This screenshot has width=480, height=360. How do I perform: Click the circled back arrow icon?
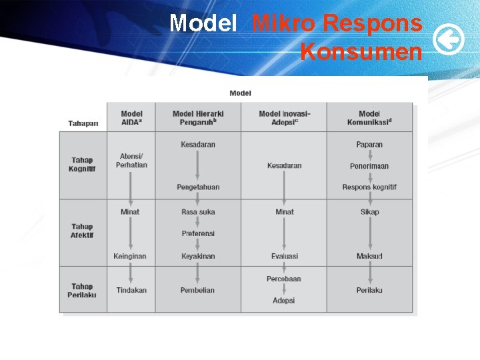click(449, 41)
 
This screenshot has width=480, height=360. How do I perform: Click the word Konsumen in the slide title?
click(361, 51)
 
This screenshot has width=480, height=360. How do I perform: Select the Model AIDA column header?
click(131, 118)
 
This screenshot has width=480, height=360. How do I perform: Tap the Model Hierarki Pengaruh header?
click(198, 118)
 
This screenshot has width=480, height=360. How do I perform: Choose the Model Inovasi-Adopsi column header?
click(284, 118)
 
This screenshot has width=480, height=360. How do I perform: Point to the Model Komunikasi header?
click(369, 118)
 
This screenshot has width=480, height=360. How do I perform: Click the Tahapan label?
click(83, 123)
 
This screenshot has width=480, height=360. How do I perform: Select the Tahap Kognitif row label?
click(83, 164)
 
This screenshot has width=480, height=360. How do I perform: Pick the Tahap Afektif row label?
click(83, 231)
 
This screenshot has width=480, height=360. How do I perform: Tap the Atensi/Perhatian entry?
click(131, 161)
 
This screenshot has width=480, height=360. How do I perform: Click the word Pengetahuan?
click(198, 187)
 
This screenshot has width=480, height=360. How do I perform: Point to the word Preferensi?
click(198, 233)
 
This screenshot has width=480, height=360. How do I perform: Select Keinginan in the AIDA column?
click(130, 256)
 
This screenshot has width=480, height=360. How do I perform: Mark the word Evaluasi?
click(285, 256)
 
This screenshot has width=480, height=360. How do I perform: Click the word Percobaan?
click(284, 279)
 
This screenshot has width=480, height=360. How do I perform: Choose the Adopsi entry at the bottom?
click(284, 301)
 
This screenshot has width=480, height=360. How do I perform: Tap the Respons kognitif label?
click(369, 187)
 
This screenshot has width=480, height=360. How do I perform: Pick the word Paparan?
click(369, 145)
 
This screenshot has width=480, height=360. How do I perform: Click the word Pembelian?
click(198, 290)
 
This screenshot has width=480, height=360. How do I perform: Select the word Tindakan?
click(131, 290)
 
